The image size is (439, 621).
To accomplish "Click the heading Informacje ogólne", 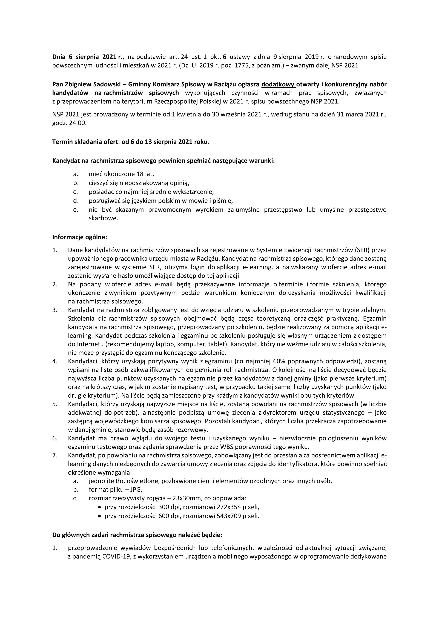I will coord(79,237).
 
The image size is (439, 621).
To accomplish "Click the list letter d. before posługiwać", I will coord(76,201).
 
